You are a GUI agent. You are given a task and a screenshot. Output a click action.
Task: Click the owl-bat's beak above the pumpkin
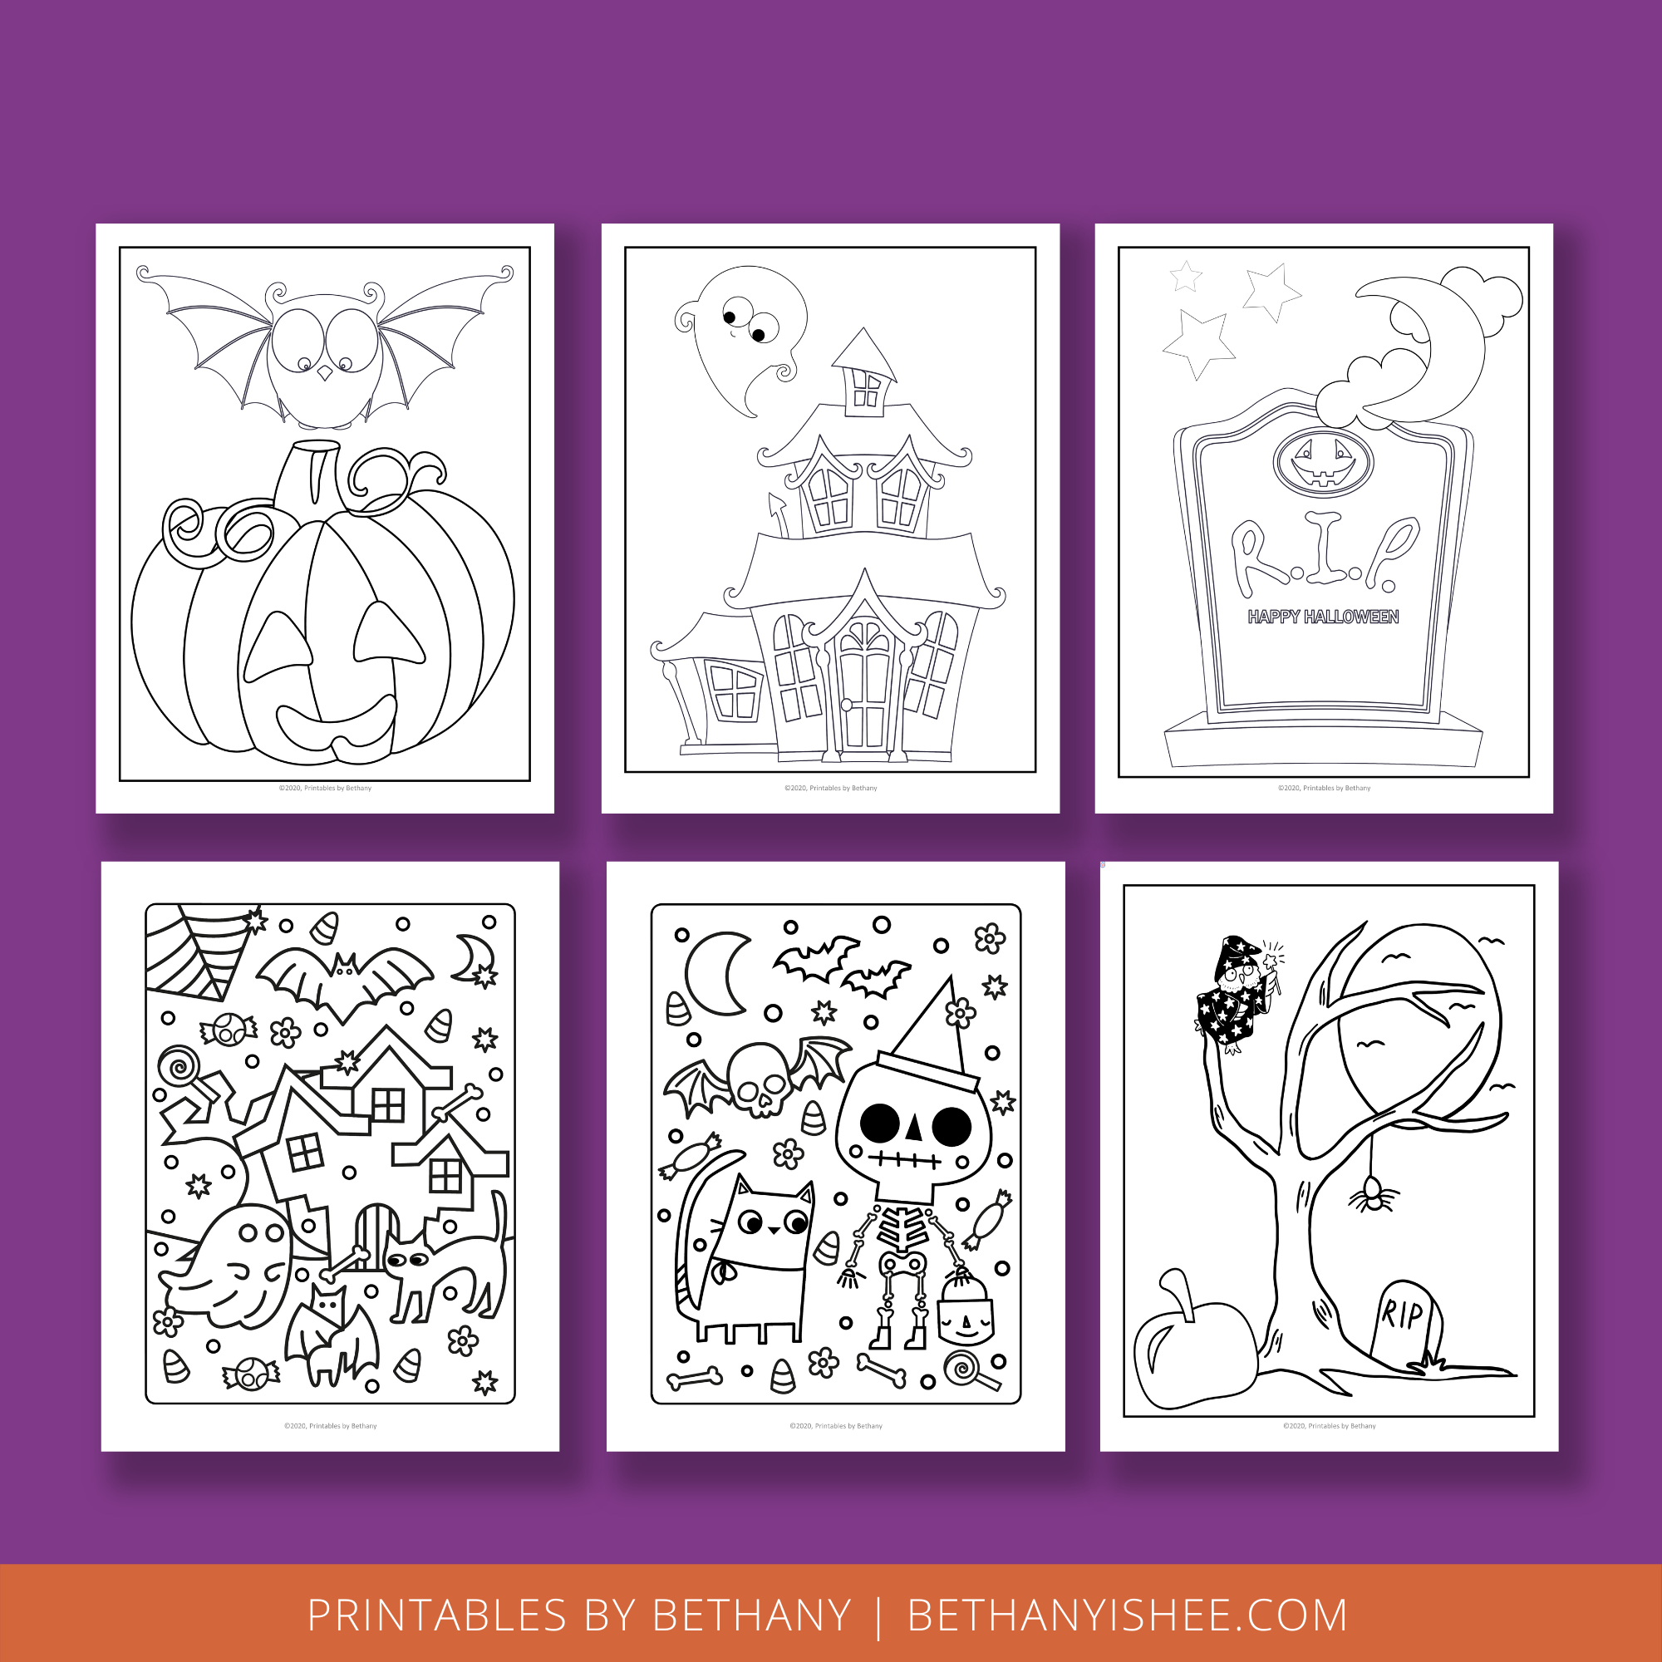(x=324, y=373)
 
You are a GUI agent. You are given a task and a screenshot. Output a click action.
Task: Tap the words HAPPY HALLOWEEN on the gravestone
(x=1323, y=617)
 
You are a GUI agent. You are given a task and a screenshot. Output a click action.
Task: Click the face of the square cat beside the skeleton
(x=771, y=1222)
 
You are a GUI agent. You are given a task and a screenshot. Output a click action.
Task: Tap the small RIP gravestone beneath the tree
(x=1404, y=1325)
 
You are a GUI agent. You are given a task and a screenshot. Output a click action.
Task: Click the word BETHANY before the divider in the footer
(x=751, y=1615)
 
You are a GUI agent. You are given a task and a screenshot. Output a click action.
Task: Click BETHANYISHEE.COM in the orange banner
(x=1127, y=1615)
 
